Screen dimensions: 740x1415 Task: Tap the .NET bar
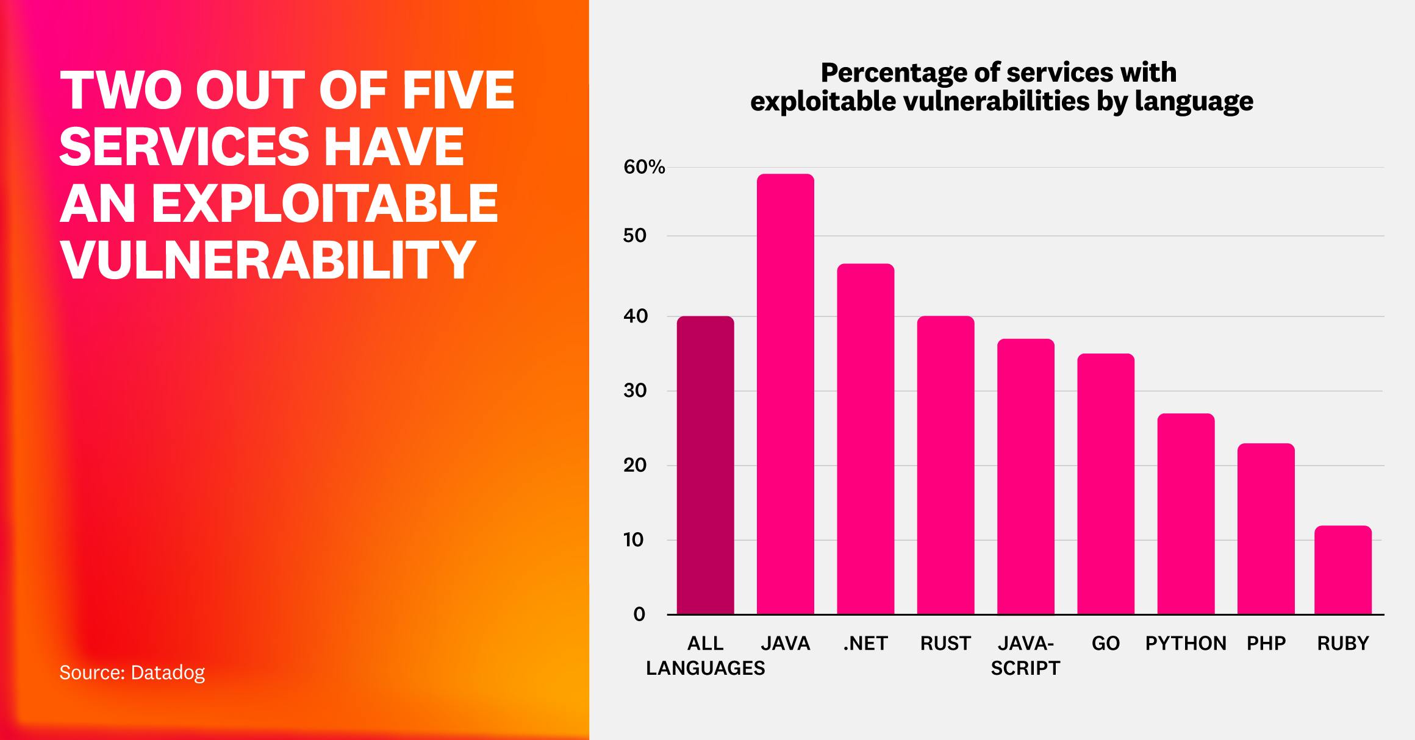click(865, 439)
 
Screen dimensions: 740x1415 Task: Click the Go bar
click(1106, 484)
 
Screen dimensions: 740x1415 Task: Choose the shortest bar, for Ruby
click(1343, 570)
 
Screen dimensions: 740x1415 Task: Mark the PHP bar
click(1266, 528)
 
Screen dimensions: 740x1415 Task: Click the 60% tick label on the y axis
click(644, 168)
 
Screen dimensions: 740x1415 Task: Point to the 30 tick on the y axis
click(635, 391)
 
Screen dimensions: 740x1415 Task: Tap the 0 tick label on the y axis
click(639, 614)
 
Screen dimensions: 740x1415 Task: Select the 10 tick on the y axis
click(634, 540)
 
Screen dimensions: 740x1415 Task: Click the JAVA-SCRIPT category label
click(1025, 656)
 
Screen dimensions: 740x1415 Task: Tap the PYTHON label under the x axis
click(1186, 644)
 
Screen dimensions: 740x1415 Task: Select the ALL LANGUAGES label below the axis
click(705, 656)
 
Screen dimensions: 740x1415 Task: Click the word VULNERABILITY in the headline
click(267, 260)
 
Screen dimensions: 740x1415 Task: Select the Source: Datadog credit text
click(132, 672)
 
